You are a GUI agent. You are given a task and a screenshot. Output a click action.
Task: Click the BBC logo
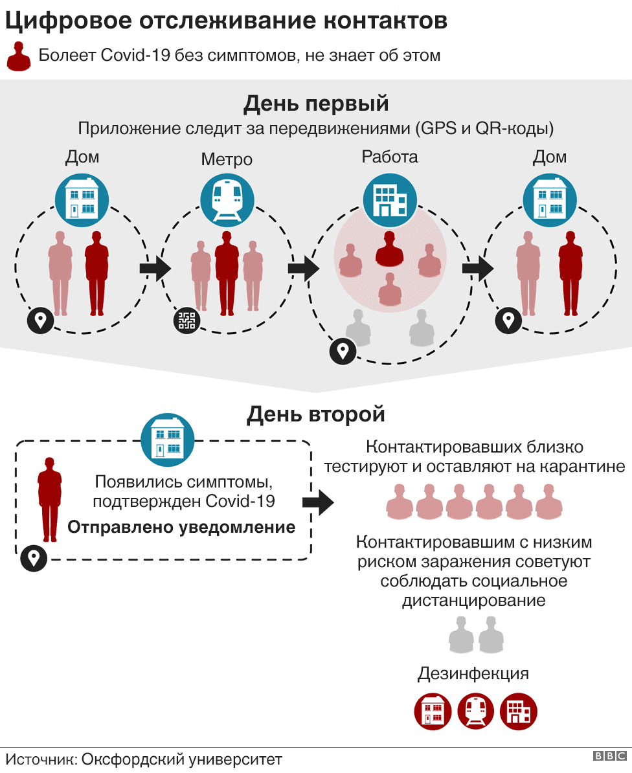[609, 756]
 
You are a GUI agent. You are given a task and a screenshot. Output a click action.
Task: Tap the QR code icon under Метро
[186, 320]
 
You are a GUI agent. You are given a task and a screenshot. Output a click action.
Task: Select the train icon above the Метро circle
[226, 199]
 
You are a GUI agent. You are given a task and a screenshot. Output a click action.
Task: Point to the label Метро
[226, 159]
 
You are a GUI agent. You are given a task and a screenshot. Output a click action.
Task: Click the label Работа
[390, 157]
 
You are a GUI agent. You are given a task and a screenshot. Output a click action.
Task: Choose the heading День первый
[315, 104]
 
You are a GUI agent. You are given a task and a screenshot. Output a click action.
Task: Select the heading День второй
[315, 414]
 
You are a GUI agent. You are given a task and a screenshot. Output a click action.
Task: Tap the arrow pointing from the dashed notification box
[317, 502]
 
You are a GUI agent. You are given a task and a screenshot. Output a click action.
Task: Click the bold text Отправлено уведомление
[181, 527]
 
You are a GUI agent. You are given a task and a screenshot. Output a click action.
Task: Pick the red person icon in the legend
[19, 56]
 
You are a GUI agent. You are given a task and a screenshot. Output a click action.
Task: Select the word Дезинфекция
[473, 673]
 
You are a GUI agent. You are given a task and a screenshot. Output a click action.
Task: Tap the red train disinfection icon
[476, 711]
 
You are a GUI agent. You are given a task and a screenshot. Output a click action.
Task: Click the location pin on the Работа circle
[341, 351]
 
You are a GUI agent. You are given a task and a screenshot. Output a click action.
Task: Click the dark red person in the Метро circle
[227, 272]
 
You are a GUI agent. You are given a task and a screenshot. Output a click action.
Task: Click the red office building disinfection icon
[519, 711]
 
